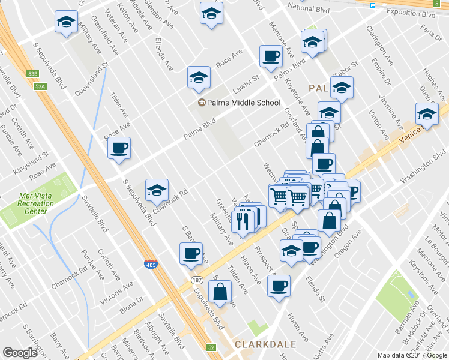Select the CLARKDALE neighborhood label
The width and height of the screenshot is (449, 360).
[x=264, y=344]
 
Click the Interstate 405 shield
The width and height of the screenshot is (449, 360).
[x=151, y=264]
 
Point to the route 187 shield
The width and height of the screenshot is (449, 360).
[x=196, y=280]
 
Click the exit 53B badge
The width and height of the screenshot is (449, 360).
[x=32, y=74]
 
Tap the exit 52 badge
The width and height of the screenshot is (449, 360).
[x=211, y=347]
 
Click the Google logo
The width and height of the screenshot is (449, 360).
[x=20, y=353]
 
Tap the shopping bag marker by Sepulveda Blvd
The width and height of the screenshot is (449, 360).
[x=221, y=292]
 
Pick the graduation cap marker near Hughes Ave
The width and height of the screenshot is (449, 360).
[x=426, y=114]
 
